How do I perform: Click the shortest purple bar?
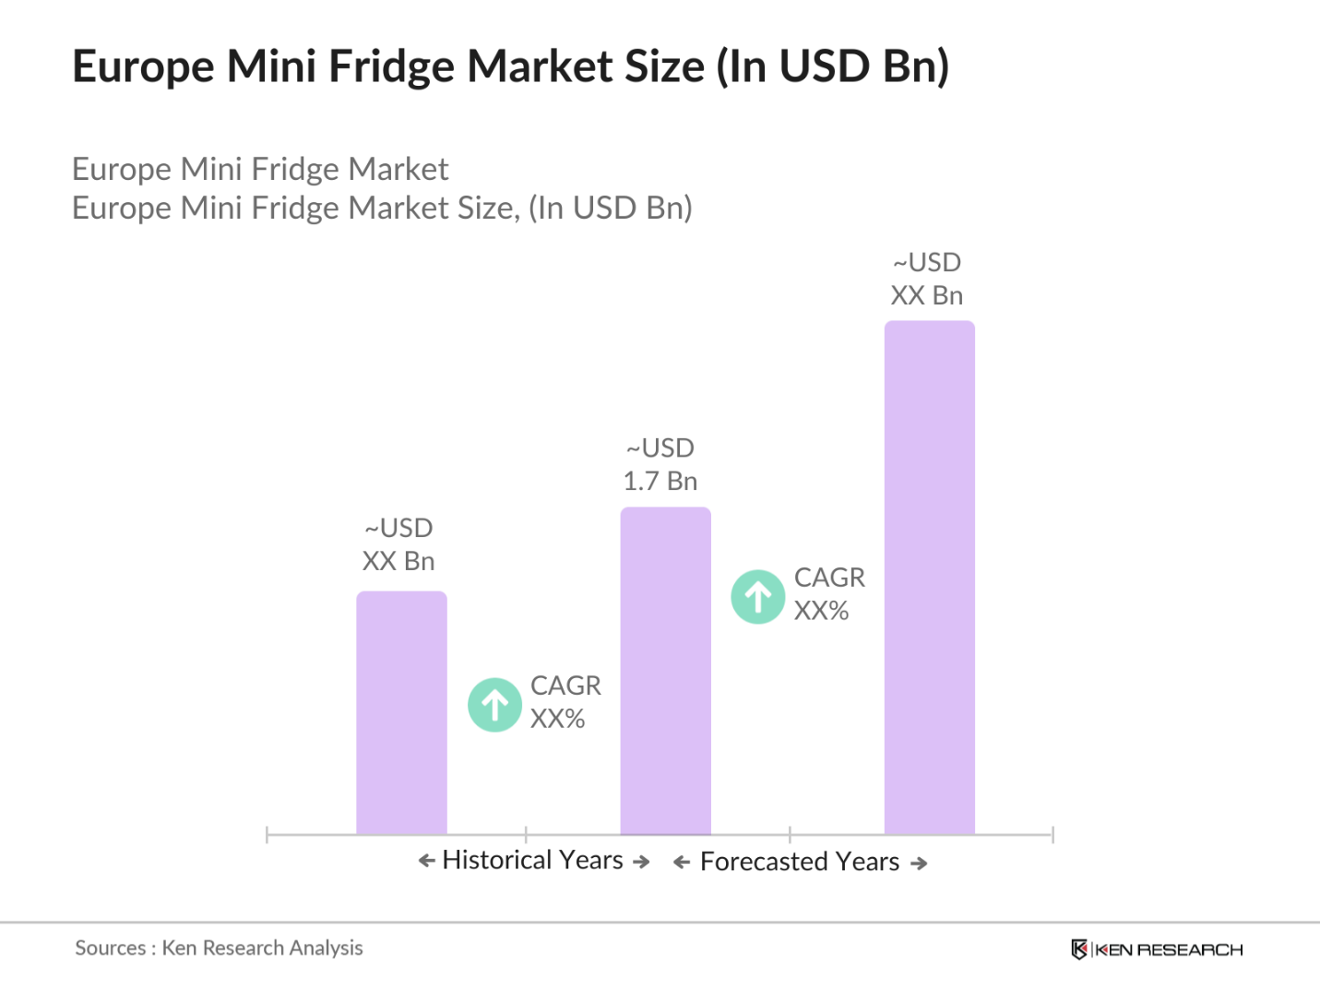[x=401, y=713]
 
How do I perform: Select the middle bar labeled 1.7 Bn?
[x=665, y=671]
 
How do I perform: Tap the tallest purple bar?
[x=929, y=578]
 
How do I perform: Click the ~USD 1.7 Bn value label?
[x=660, y=464]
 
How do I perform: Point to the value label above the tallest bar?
[x=927, y=279]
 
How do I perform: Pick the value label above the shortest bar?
[x=398, y=544]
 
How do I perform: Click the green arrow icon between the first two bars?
[x=495, y=705]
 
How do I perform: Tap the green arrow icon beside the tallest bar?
[x=758, y=597]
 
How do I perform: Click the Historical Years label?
[x=533, y=860]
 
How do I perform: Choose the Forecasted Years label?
[x=799, y=862]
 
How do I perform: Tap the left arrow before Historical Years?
[x=426, y=861]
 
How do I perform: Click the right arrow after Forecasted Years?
[x=919, y=864]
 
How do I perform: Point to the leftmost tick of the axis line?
[x=267, y=835]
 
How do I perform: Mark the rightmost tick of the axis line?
[x=1052, y=835]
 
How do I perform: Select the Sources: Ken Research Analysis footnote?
[x=219, y=948]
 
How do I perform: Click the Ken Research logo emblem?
[x=1078, y=949]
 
